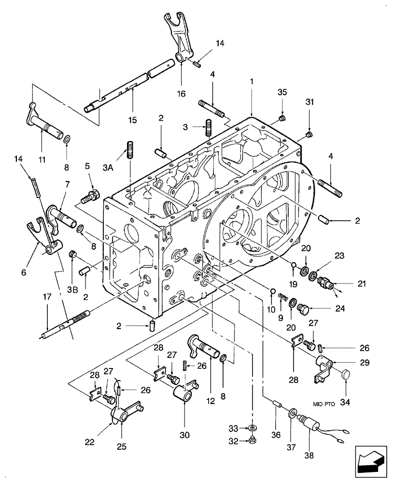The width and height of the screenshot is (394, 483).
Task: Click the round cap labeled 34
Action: [346, 374]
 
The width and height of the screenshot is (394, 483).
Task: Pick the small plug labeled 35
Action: [283, 119]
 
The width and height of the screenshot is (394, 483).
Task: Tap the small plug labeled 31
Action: [310, 134]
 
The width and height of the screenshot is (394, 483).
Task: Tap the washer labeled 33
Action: [253, 428]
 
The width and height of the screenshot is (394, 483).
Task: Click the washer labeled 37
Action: [293, 414]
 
